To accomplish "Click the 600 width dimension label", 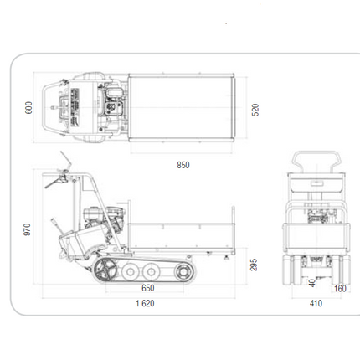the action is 28,108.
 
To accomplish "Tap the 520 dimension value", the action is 255,110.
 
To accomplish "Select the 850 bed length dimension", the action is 183,165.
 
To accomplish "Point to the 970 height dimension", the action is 27,229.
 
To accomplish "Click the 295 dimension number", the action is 254,265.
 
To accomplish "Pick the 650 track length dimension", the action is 148,288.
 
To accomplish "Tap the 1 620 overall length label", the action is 145,303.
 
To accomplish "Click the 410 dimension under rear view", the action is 316,303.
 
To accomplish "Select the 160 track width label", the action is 340,289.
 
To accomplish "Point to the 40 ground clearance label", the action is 312,283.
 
